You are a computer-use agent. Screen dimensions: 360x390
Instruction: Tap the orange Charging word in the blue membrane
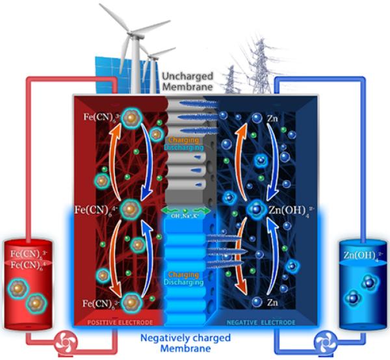(187, 275)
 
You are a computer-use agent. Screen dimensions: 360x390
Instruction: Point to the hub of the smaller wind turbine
(154, 53)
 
